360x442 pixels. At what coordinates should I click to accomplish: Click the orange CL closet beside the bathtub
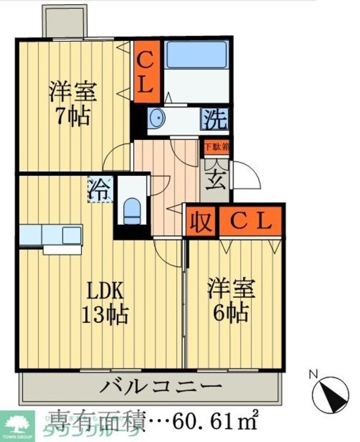[146, 70]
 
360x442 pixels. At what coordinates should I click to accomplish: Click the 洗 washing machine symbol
[214, 119]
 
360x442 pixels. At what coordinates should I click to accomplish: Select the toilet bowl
[132, 210]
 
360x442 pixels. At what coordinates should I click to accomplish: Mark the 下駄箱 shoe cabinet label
[216, 146]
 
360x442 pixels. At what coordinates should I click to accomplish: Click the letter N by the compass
[312, 374]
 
